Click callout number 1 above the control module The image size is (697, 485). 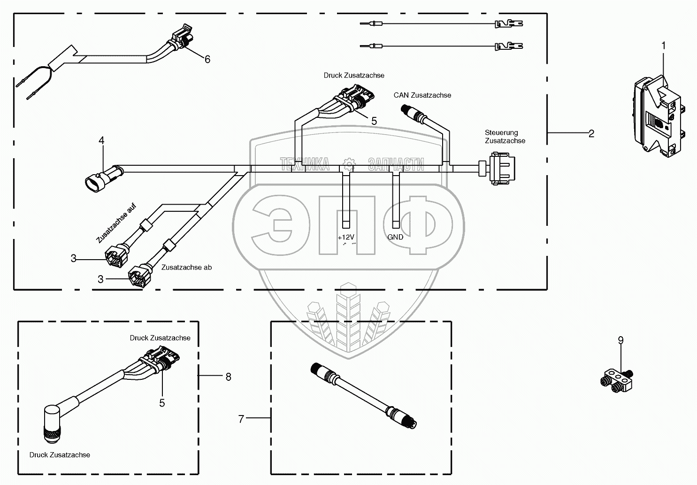663,46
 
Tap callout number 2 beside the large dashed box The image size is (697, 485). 591,133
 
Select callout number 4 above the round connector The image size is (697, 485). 101,140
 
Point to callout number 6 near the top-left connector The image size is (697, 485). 207,59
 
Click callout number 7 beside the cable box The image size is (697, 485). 241,419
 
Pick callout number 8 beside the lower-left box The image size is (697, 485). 229,377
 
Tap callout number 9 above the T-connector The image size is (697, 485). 621,340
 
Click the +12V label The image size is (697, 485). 346,237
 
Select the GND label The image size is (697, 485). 395,237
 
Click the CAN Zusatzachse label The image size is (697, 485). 422,95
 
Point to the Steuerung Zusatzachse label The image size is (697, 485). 505,137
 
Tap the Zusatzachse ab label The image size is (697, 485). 186,268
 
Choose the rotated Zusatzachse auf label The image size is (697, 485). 116,223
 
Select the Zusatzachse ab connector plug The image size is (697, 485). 139,275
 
